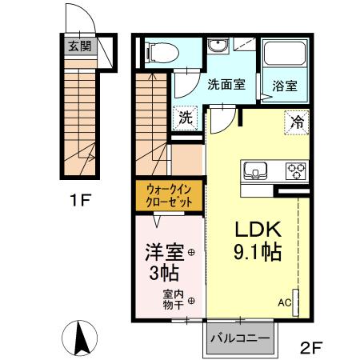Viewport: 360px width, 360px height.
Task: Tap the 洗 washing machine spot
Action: [x=185, y=117]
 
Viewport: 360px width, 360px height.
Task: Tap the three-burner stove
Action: [x=295, y=170]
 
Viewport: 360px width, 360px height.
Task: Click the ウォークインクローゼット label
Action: [x=169, y=197]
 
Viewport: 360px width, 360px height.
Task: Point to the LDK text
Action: [x=256, y=227]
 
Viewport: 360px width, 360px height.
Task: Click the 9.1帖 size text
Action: [x=256, y=252]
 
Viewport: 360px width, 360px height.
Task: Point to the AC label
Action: [x=284, y=303]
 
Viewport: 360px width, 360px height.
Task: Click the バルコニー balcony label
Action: [x=239, y=338]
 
